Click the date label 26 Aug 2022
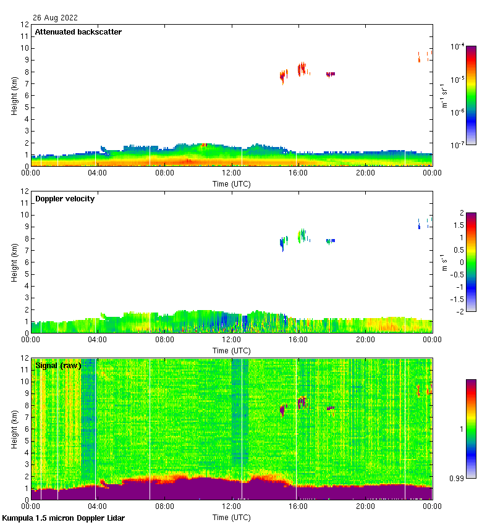click(x=56, y=18)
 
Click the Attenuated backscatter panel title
click(x=78, y=32)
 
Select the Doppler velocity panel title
click(x=64, y=199)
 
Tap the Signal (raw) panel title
click(x=58, y=366)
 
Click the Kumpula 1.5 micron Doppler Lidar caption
click(x=63, y=518)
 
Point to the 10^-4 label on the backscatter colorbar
click(x=457, y=46)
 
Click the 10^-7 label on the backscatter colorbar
click(x=457, y=145)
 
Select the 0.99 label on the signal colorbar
click(x=458, y=479)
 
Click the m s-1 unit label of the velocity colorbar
click(x=444, y=262)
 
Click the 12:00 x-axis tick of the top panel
click(x=232, y=174)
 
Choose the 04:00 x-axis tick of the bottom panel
click(x=98, y=507)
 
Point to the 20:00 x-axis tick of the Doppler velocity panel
click(x=365, y=340)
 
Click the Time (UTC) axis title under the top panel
click(x=232, y=183)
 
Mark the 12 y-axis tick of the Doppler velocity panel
click(x=25, y=192)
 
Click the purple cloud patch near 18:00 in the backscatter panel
click(x=331, y=74)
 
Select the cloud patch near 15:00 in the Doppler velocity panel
click(x=284, y=242)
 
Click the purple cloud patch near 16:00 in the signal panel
click(x=302, y=401)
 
